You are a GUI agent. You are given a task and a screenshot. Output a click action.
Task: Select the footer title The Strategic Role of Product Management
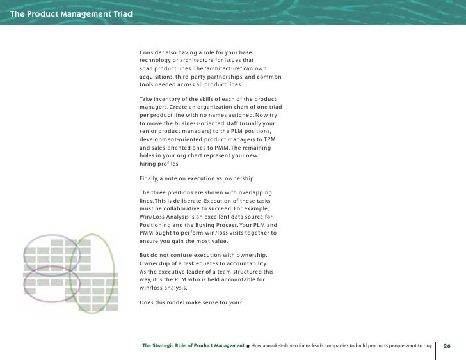(x=193, y=345)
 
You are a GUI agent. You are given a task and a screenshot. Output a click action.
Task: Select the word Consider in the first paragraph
(x=154, y=51)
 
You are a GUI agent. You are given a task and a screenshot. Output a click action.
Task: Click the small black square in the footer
(x=248, y=346)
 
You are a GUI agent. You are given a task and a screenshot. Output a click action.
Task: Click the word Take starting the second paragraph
(x=147, y=99)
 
